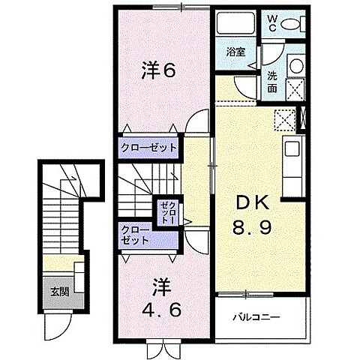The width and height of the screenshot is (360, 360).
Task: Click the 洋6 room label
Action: pos(159,71)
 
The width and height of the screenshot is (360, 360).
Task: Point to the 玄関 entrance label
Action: pos(60,291)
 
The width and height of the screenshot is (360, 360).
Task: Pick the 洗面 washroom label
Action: pos(272,82)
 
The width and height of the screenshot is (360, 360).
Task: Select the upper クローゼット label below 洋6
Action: pos(149,148)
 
